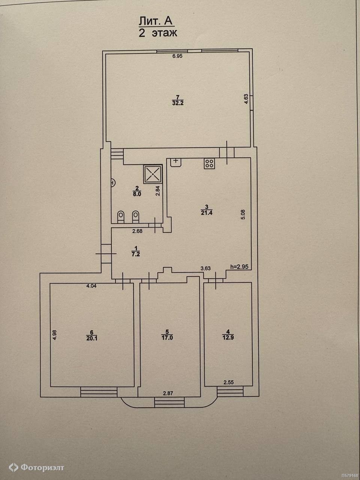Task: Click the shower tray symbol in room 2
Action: (153, 174)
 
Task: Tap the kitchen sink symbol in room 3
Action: (176, 162)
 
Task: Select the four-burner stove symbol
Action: (210, 163)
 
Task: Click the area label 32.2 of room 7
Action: (178, 103)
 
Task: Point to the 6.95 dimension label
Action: (177, 56)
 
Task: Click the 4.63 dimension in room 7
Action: (246, 99)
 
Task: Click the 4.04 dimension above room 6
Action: (91, 286)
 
